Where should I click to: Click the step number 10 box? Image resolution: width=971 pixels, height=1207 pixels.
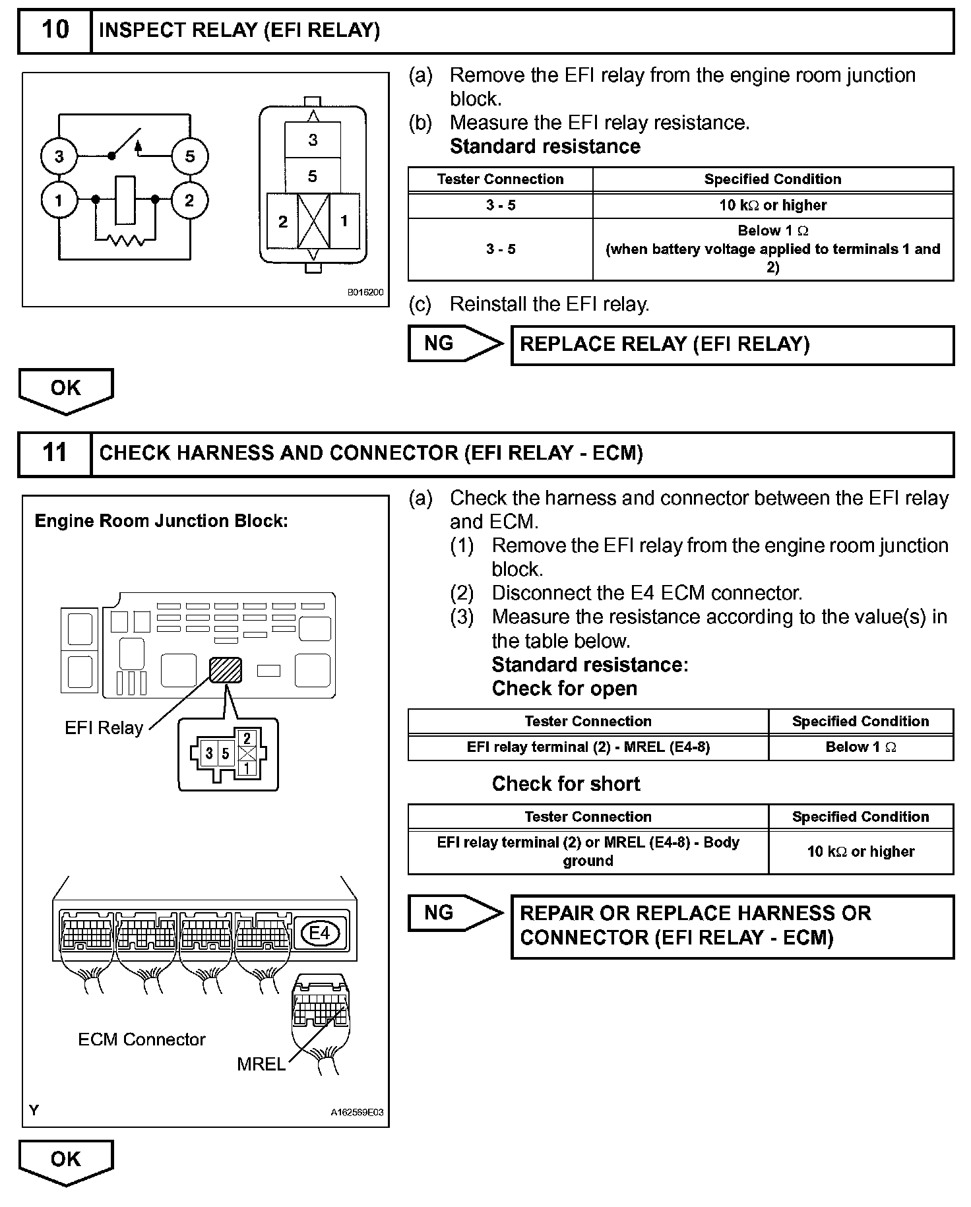tap(55, 30)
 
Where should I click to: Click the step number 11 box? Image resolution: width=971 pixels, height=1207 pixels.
tap(55, 453)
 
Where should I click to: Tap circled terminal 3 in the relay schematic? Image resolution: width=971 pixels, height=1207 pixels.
tap(59, 156)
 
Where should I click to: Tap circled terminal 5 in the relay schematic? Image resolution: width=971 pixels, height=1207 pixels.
tap(190, 156)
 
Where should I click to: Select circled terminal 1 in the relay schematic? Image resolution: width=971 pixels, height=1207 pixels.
tap(59, 200)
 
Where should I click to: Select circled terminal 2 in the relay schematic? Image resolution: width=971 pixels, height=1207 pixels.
tap(190, 200)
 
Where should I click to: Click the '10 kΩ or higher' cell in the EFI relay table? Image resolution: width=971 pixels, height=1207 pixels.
tap(772, 205)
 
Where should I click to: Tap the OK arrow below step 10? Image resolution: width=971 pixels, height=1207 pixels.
tap(66, 389)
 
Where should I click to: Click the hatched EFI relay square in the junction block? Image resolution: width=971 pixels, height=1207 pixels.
tap(226, 670)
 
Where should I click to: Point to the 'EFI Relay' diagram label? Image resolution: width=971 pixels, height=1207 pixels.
tap(104, 728)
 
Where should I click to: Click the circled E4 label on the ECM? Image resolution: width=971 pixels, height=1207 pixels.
tap(319, 933)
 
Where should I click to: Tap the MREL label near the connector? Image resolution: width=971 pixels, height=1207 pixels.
tap(261, 1065)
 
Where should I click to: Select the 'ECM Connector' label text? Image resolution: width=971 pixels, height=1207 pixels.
tap(142, 1039)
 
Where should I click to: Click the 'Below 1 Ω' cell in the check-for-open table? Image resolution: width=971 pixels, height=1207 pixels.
tap(860, 747)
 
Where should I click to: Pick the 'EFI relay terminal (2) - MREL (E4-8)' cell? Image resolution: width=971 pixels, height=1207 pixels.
tap(588, 747)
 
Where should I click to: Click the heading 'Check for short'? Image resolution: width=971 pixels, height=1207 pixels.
tap(566, 784)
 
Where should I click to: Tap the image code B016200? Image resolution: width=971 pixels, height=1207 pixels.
tap(365, 292)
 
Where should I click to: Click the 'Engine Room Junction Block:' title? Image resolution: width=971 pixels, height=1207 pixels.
tap(161, 521)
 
